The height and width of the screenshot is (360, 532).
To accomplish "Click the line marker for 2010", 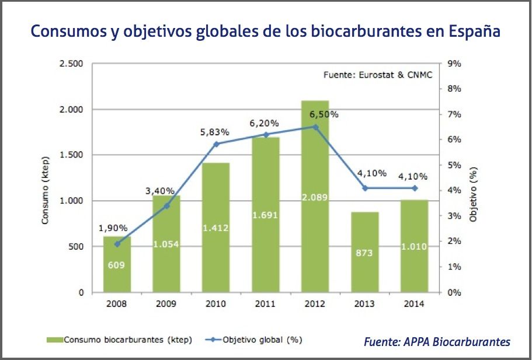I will pyautogui.click(x=216, y=144).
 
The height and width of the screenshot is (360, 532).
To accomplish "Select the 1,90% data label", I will pyautogui.click(x=116, y=229).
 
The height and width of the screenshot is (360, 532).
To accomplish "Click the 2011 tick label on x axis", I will pyautogui.click(x=266, y=304).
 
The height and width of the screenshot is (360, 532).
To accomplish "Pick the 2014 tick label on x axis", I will pyautogui.click(x=415, y=304).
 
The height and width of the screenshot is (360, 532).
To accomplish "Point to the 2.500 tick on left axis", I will pyautogui.click(x=72, y=64).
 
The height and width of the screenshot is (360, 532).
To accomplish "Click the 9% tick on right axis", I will pyautogui.click(x=455, y=64).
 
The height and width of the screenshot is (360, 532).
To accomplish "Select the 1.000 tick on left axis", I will pyautogui.click(x=72, y=201).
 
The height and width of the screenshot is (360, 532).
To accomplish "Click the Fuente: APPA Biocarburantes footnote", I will pyautogui.click(x=437, y=341).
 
